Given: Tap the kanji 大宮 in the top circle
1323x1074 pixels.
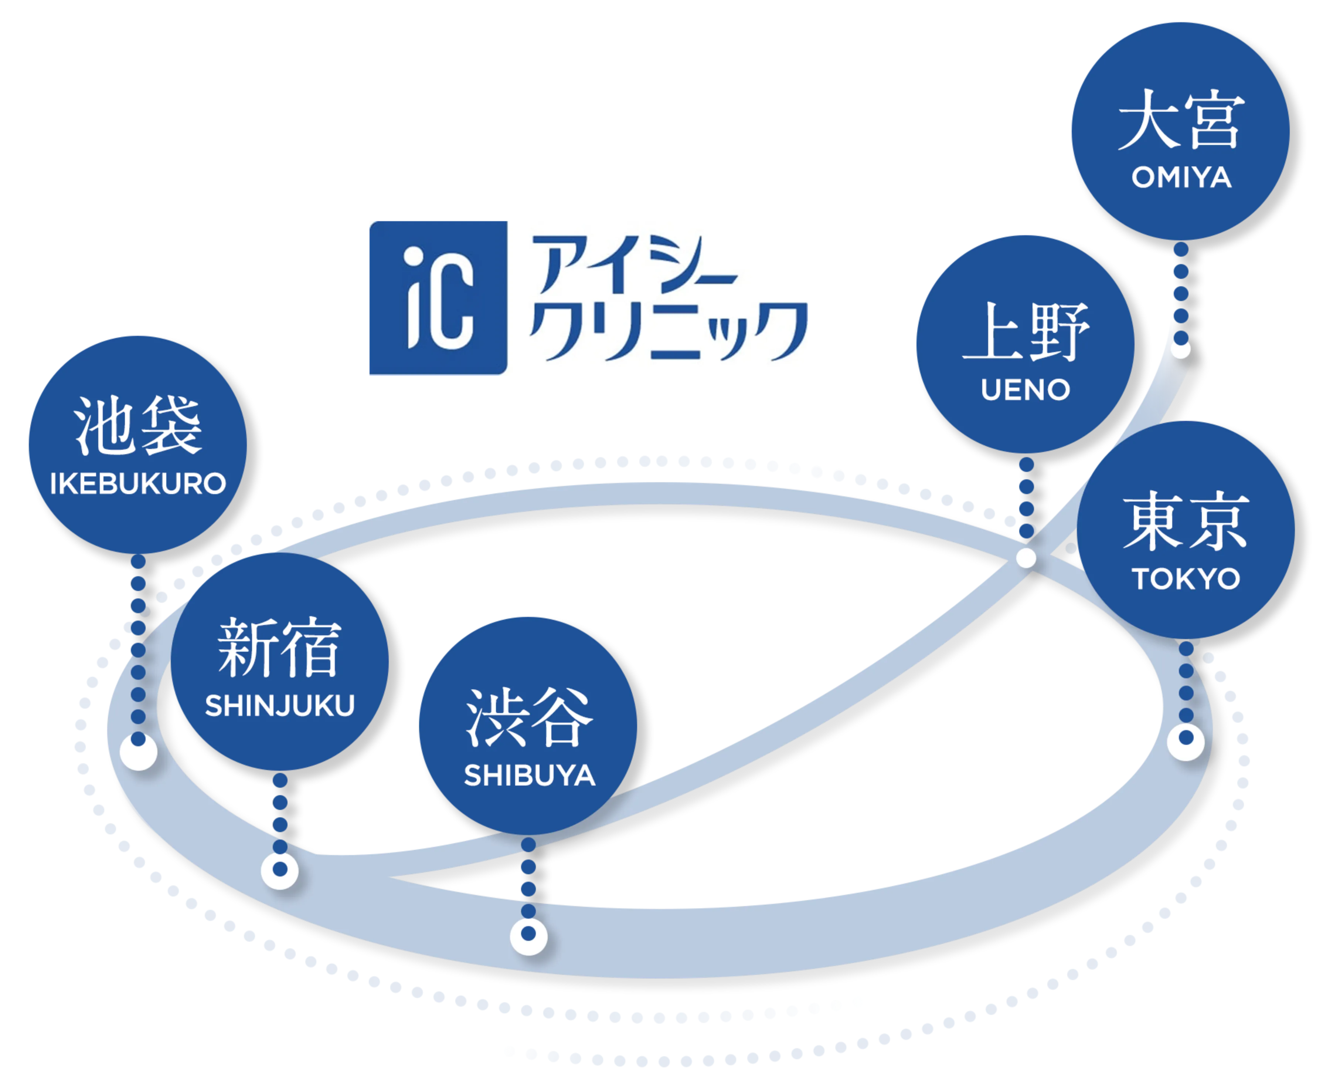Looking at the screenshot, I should click(x=1180, y=120).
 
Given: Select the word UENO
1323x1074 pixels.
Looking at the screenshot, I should click(x=1025, y=390).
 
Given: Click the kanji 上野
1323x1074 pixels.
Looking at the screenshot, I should click(x=1025, y=332).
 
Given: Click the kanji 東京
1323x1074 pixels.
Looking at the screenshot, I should click(x=1186, y=521).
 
